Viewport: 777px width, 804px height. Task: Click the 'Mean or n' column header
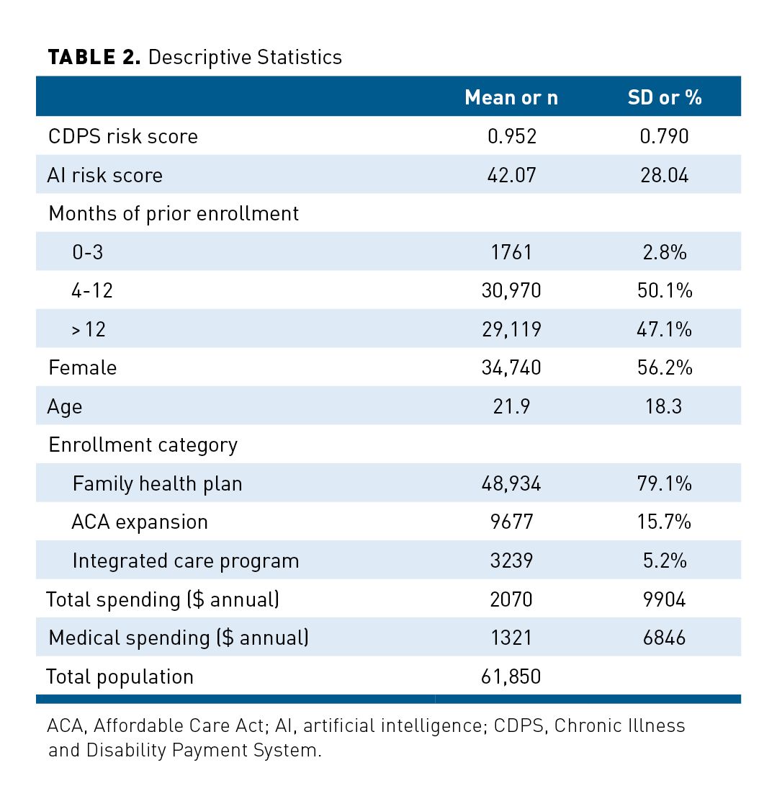pyautogui.click(x=511, y=97)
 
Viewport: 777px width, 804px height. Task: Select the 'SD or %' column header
pyautogui.click(x=664, y=97)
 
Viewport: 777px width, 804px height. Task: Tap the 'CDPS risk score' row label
pyautogui.click(x=122, y=136)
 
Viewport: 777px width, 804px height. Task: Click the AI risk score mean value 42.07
pyautogui.click(x=511, y=175)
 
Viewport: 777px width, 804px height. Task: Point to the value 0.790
pyautogui.click(x=664, y=136)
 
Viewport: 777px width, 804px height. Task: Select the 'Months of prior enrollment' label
pyautogui.click(x=174, y=213)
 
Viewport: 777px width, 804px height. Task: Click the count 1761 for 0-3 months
pyautogui.click(x=511, y=252)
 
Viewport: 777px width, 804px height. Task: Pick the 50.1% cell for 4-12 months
pyautogui.click(x=664, y=290)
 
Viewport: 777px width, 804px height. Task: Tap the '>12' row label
pyautogui.click(x=89, y=329)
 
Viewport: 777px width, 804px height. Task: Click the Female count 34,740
pyautogui.click(x=511, y=367)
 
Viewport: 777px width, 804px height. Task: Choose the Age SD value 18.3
pyautogui.click(x=664, y=406)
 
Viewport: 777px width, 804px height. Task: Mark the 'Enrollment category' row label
pyautogui.click(x=143, y=445)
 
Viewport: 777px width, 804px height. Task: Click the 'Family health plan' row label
pyautogui.click(x=157, y=483)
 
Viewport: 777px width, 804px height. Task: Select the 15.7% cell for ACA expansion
pyautogui.click(x=664, y=522)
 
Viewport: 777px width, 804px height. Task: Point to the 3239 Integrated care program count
pyautogui.click(x=511, y=560)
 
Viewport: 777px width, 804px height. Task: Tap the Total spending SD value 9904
pyautogui.click(x=664, y=599)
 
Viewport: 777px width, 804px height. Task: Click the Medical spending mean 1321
pyautogui.click(x=511, y=638)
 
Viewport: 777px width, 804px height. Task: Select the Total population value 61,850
pyautogui.click(x=511, y=676)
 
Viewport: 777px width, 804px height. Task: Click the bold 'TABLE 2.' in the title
pyautogui.click(x=94, y=58)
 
